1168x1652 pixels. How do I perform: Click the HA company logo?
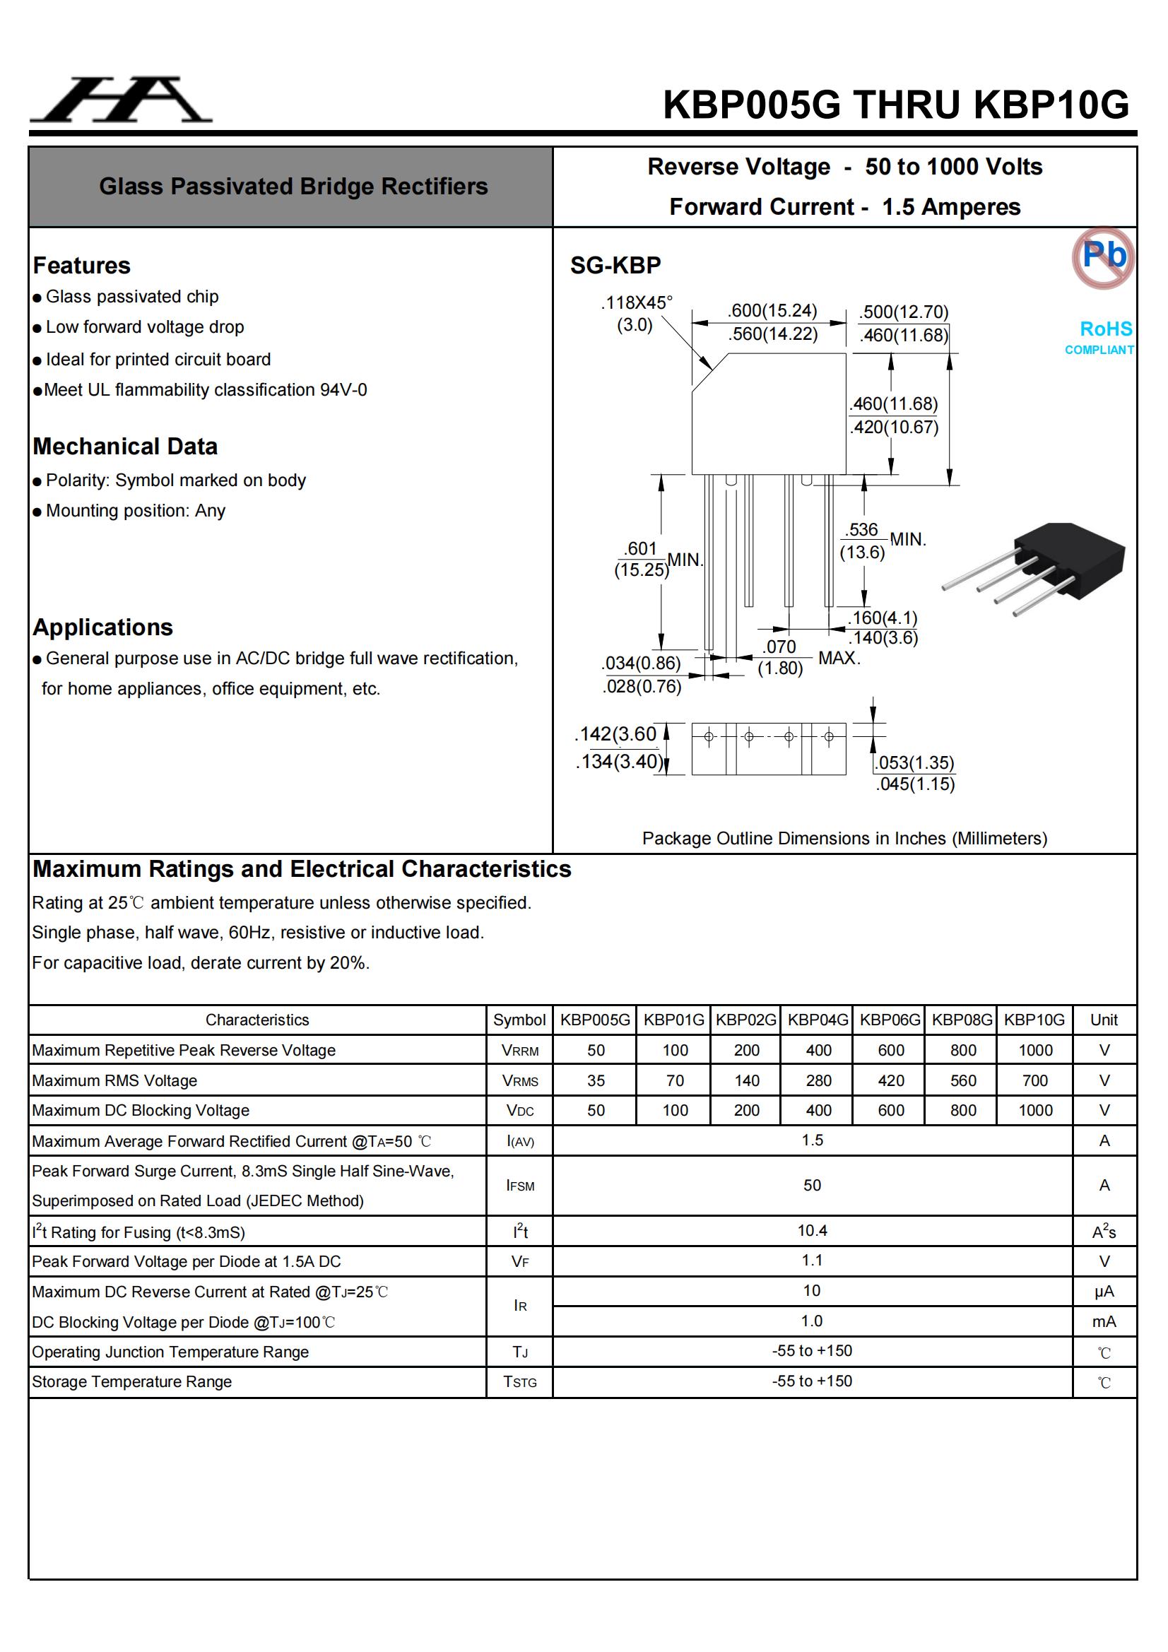[121, 100]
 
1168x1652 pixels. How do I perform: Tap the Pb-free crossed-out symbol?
[1102, 257]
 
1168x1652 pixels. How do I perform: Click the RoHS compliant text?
[1101, 337]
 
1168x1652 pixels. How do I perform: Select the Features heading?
[81, 266]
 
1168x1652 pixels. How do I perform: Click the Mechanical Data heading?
[124, 446]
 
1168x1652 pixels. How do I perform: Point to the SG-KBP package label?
[615, 266]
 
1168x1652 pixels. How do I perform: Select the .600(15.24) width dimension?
[772, 311]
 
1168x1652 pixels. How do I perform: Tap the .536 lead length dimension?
[862, 530]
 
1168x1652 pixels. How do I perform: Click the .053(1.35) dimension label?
[914, 762]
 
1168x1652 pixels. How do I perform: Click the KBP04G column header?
[818, 1020]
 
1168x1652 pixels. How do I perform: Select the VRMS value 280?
[818, 1080]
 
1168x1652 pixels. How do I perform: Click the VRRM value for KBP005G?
[596, 1051]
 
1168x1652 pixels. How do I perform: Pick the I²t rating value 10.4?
[812, 1231]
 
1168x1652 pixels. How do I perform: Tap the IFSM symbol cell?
[519, 1186]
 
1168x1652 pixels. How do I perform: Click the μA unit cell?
[1103, 1292]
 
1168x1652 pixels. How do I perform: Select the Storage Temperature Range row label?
[131, 1381]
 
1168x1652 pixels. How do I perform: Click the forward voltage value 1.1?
[812, 1261]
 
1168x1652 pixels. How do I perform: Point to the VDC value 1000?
[1035, 1111]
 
